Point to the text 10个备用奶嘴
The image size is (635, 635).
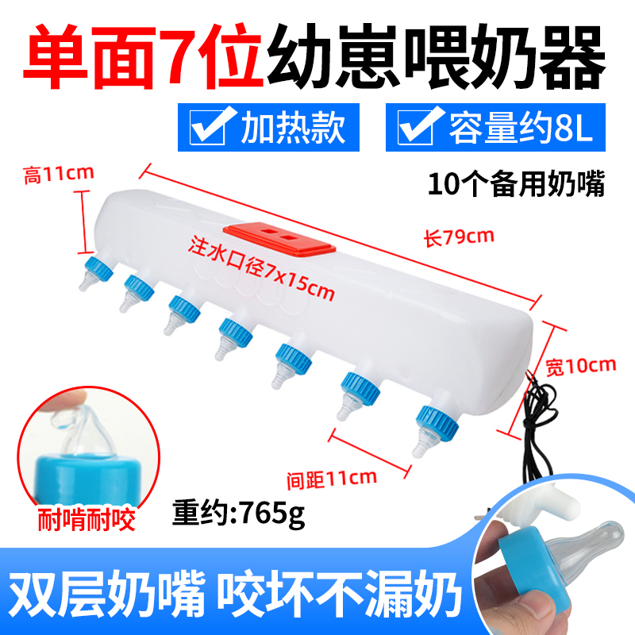click(x=516, y=185)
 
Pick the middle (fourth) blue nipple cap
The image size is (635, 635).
click(x=236, y=328)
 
